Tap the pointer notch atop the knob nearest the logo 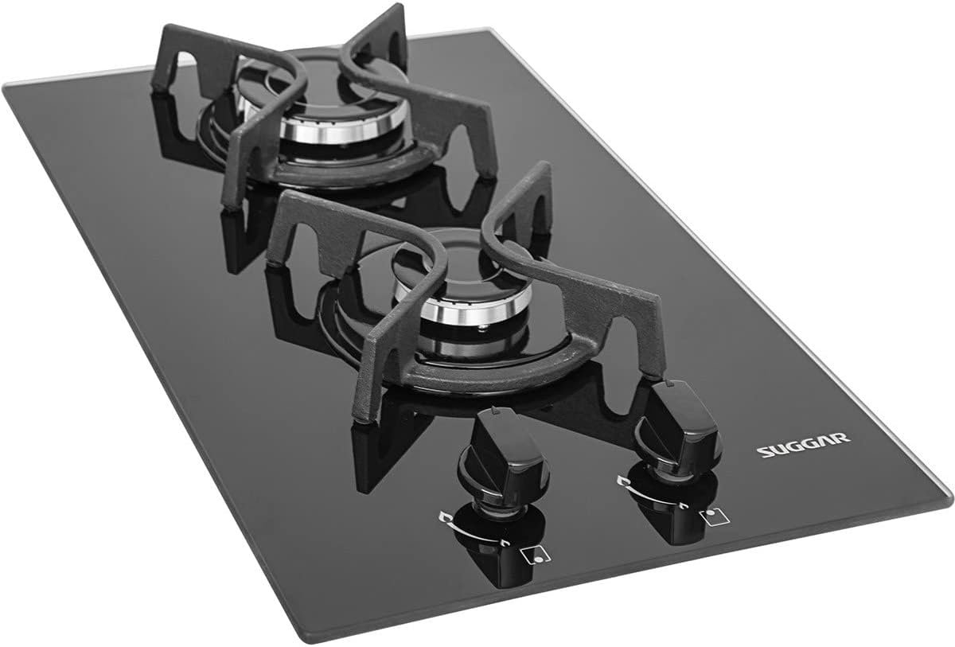(669, 384)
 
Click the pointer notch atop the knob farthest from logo (494, 410)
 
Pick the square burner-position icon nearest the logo (714, 517)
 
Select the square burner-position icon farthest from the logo (535, 554)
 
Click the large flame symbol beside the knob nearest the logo (623, 481)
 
